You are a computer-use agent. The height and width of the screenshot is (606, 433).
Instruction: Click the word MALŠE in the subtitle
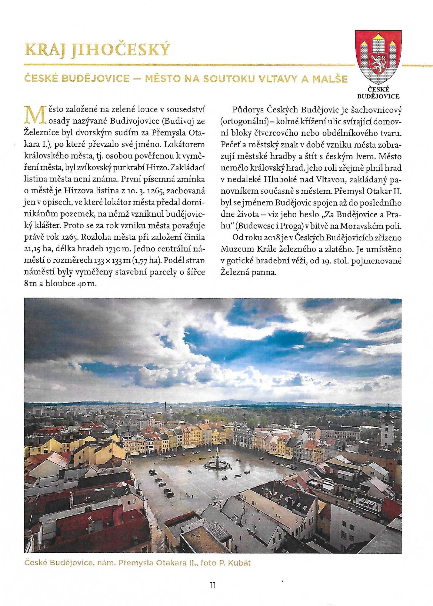click(x=330, y=79)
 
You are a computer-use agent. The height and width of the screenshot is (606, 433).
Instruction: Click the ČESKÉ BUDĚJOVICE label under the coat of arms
click(x=378, y=93)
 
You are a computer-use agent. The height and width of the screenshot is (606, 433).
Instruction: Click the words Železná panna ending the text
click(x=248, y=272)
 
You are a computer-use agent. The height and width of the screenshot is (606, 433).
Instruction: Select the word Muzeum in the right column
click(x=238, y=249)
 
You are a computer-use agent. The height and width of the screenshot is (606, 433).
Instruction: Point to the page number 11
click(x=213, y=585)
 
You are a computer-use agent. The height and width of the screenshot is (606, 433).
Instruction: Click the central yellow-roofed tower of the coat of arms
click(x=378, y=42)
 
